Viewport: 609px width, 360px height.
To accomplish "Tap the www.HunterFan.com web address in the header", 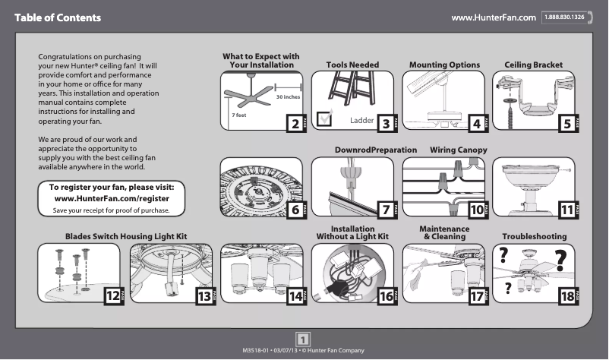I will [494, 17].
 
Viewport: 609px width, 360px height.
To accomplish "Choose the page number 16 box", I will [385, 297].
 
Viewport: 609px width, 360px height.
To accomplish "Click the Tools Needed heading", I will [352, 65].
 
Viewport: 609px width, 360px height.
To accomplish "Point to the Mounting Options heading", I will [444, 65].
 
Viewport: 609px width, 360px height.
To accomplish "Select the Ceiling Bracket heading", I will [533, 65].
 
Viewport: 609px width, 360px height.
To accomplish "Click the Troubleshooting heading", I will [534, 237].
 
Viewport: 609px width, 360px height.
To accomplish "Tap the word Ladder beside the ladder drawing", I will [362, 121].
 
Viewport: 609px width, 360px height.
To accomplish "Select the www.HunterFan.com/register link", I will [112, 198].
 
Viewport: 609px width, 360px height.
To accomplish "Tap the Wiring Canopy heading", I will [458, 150].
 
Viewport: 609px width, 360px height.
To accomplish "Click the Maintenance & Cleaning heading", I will [445, 232].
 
